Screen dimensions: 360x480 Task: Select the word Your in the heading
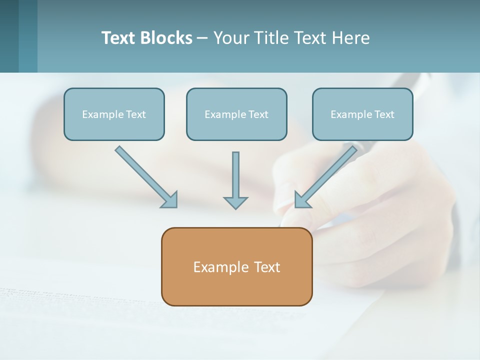point(229,38)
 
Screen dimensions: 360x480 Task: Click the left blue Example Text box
point(114,114)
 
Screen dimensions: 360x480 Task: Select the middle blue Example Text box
point(236,114)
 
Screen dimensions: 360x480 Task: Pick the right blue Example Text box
point(362,114)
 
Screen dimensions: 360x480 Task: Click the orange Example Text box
point(236,266)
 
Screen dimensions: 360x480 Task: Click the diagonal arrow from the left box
point(142,173)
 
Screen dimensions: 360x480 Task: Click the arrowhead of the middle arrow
point(235,202)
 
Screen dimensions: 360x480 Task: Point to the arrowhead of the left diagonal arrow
point(170,199)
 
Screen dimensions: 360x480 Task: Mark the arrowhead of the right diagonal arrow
point(302,199)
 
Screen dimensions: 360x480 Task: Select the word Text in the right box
point(384,114)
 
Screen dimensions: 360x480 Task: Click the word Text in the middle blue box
point(258,114)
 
